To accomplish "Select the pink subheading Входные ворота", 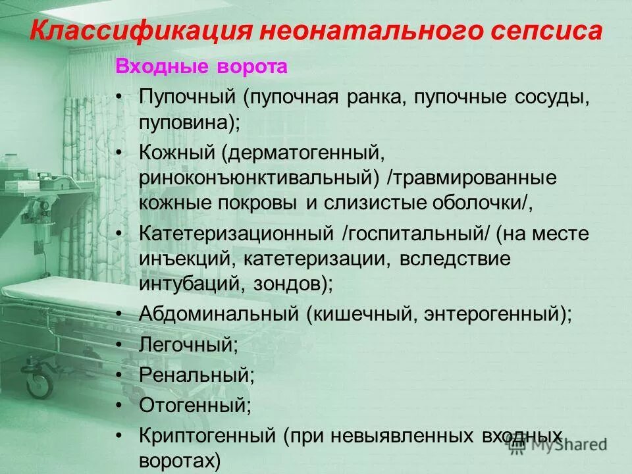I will [201, 67].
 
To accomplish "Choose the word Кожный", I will [177, 153].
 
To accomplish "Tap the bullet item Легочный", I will [188, 344].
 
